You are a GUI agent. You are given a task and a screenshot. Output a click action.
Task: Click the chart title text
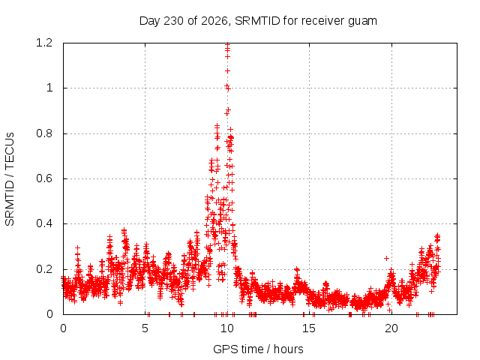click(258, 21)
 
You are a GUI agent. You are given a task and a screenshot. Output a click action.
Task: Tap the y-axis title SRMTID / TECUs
click(10, 179)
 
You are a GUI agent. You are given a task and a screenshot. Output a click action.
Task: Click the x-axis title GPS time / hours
click(258, 349)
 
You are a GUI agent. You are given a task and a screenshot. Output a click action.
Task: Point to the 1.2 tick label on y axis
click(44, 43)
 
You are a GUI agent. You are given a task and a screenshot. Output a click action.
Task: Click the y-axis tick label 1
click(49, 88)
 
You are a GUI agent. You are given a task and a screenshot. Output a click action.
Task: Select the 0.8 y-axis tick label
click(44, 133)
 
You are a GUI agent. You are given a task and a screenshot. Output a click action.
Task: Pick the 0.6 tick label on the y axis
click(44, 178)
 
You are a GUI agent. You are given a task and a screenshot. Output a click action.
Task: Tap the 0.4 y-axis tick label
click(44, 223)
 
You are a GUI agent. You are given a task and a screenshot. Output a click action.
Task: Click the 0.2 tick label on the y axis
click(44, 269)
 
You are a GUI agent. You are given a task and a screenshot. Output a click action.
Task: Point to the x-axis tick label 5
click(145, 328)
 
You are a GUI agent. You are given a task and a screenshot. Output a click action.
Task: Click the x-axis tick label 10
click(227, 328)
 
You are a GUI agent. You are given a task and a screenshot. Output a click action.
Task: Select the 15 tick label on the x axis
click(309, 328)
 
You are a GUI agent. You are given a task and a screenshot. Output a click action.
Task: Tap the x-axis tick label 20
click(391, 328)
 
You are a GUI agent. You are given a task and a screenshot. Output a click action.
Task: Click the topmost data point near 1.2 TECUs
click(227, 45)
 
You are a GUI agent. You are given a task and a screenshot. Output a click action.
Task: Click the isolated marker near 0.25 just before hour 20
click(387, 258)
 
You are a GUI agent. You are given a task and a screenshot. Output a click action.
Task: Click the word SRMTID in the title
click(257, 21)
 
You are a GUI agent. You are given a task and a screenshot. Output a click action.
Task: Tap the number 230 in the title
click(173, 21)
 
